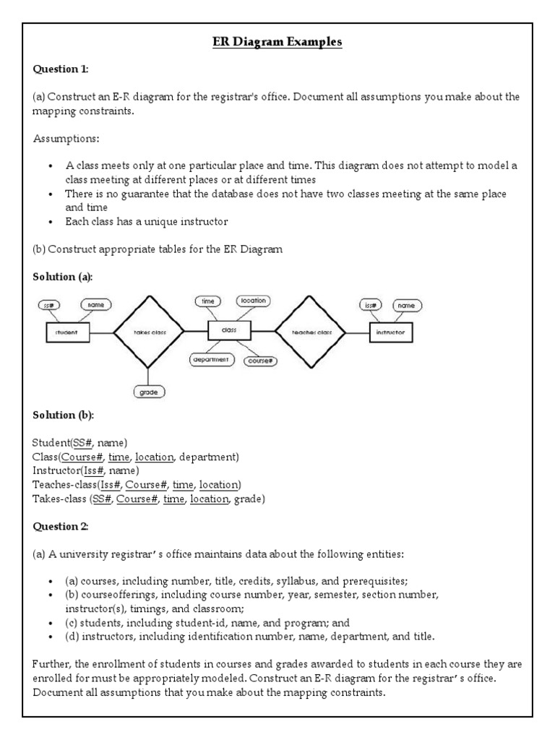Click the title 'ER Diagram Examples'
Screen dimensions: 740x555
(x=277, y=43)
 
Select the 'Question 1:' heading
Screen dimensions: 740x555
(x=61, y=69)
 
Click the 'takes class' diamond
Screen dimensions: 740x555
(x=150, y=332)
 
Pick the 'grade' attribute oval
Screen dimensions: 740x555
(x=150, y=392)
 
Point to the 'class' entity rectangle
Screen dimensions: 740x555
(x=229, y=330)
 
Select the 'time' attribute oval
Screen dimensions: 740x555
(x=208, y=301)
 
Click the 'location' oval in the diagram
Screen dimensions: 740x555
(x=253, y=301)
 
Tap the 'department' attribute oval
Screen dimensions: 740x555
(x=210, y=359)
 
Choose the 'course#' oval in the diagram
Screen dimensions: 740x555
(x=260, y=360)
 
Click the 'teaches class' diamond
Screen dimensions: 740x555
(x=311, y=332)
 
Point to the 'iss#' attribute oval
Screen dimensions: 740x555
(x=371, y=305)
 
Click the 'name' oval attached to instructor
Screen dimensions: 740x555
(x=408, y=306)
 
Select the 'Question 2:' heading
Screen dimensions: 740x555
(x=61, y=526)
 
